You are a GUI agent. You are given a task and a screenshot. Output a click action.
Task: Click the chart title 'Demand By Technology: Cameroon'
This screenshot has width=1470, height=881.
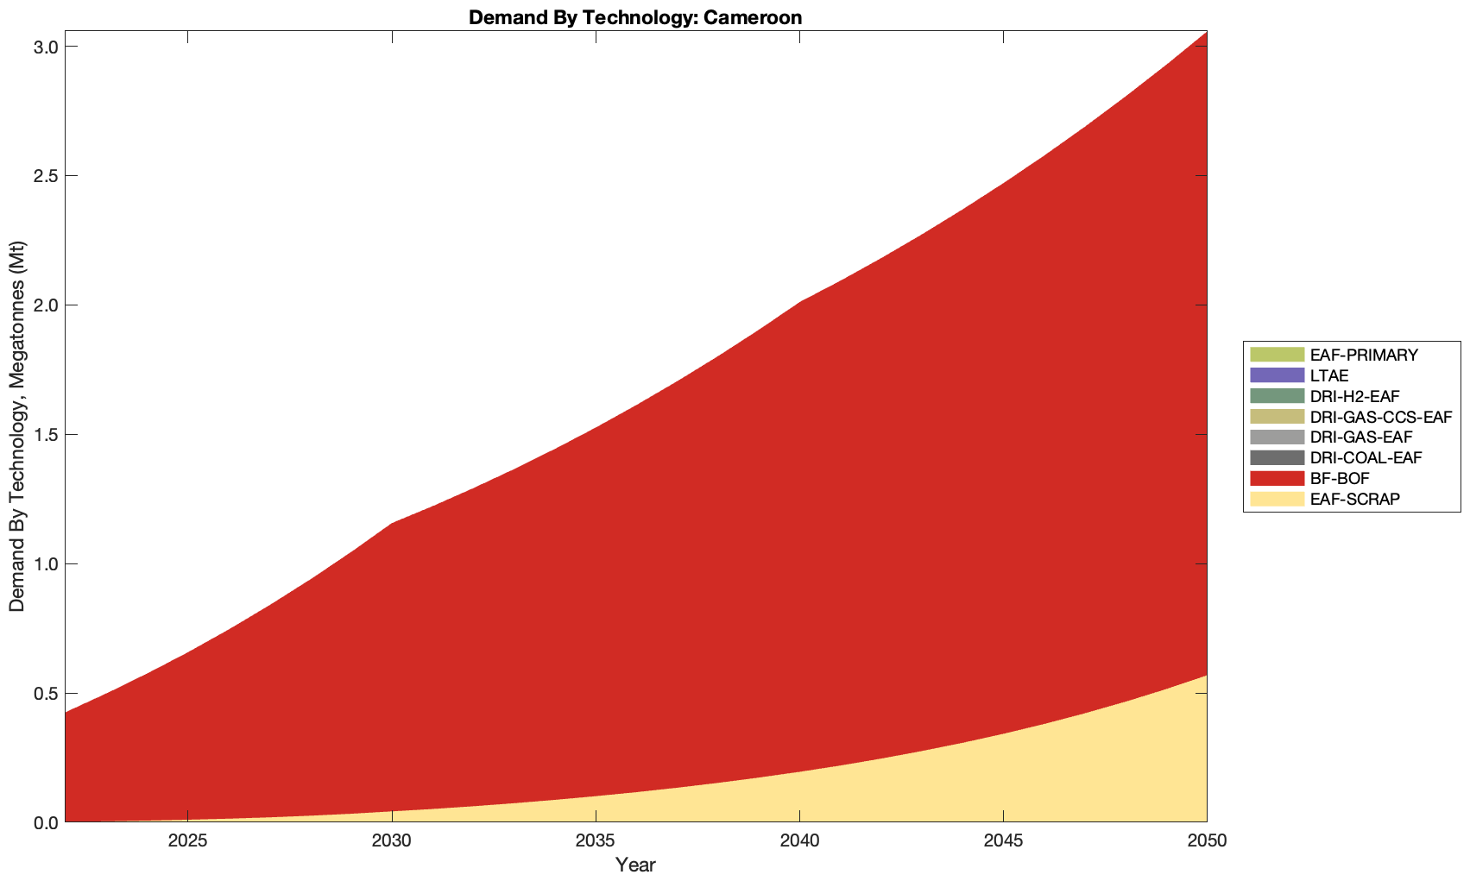[635, 17]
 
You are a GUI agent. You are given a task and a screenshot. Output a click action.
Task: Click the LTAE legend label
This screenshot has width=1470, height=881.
[1328, 375]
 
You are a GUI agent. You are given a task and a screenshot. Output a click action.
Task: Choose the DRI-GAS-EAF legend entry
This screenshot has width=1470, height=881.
[1361, 437]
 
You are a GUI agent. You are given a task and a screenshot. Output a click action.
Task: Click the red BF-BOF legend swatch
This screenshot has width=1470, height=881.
[1276, 478]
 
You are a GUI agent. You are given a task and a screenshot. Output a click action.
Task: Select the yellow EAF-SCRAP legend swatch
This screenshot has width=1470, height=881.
[1276, 499]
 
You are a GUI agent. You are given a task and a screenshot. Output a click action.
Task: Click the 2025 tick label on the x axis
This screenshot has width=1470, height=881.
[189, 841]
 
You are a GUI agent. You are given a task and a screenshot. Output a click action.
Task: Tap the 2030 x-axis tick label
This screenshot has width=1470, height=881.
[393, 841]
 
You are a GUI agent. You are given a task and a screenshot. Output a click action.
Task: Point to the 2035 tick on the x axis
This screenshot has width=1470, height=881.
[596, 841]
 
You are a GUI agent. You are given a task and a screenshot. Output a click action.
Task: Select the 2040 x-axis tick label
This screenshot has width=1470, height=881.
[800, 841]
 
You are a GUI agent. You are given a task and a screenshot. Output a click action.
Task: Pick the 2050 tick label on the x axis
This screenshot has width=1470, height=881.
[1207, 841]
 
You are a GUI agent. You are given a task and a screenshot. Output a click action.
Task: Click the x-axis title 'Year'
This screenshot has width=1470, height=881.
[635, 865]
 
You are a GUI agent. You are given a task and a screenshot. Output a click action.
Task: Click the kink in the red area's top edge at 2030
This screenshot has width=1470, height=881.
[393, 523]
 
